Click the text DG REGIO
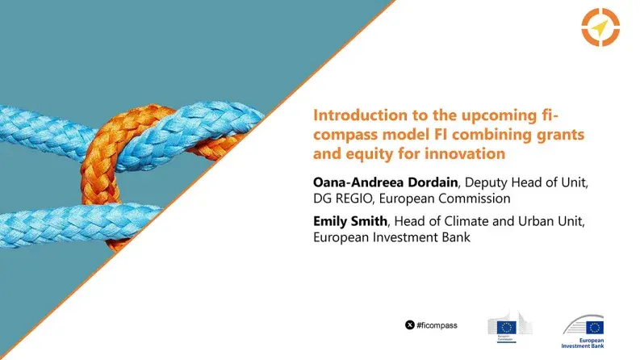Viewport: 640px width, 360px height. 341,198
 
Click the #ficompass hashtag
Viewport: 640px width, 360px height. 437,324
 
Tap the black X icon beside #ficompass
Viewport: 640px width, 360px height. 409,324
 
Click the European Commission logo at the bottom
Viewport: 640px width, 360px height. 505,326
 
